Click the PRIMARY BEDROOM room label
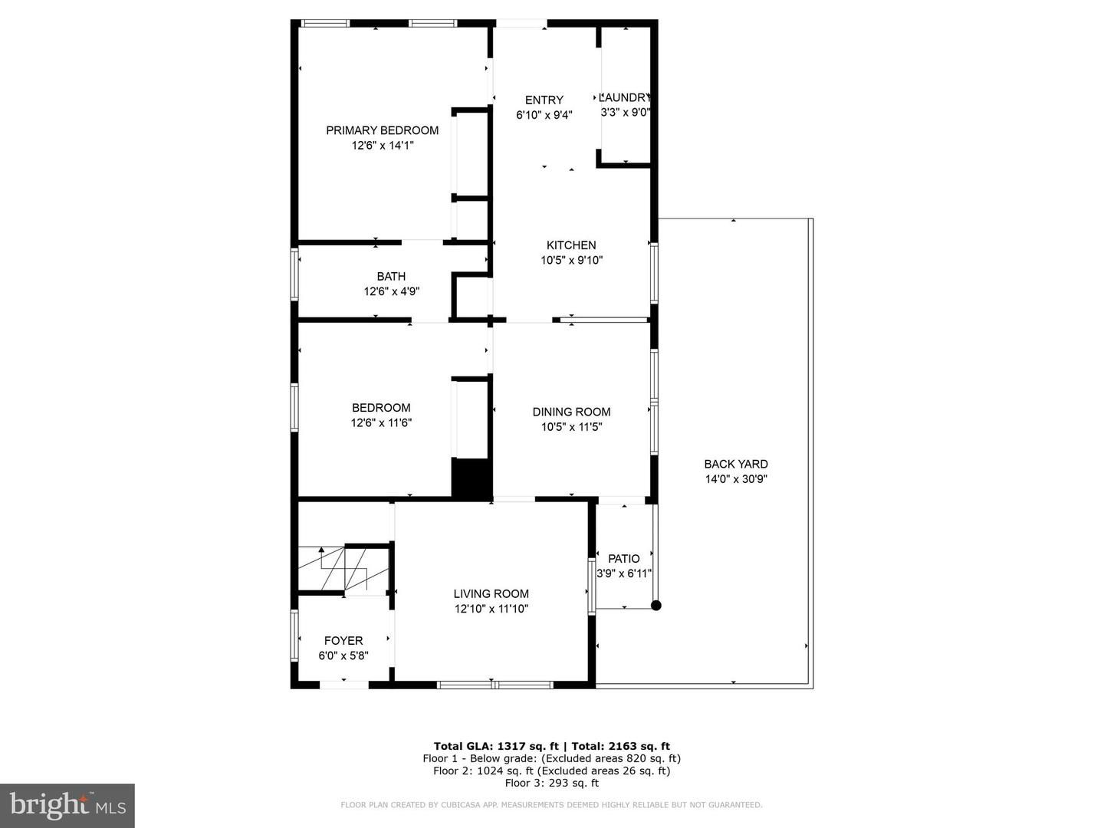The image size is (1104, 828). pyautogui.click(x=383, y=130)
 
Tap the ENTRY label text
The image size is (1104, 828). pyautogui.click(x=544, y=100)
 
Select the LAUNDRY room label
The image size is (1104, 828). pyautogui.click(x=625, y=97)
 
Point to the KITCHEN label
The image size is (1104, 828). pyautogui.click(x=571, y=245)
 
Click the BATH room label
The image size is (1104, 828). pyautogui.click(x=391, y=277)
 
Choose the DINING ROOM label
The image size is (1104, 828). pyautogui.click(x=571, y=412)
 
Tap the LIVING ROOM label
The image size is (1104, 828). pyautogui.click(x=491, y=593)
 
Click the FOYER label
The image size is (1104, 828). pyautogui.click(x=343, y=641)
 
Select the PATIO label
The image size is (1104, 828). pyautogui.click(x=623, y=559)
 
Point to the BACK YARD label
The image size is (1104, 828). pyautogui.click(x=736, y=464)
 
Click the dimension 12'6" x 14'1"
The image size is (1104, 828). pyautogui.click(x=383, y=146)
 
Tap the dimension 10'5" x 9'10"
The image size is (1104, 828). pyautogui.click(x=571, y=261)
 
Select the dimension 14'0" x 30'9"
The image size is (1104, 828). pyautogui.click(x=736, y=479)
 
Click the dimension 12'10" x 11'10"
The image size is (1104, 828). pyautogui.click(x=491, y=609)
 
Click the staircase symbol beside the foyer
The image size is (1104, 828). pyautogui.click(x=344, y=569)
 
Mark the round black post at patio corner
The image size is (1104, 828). pyautogui.click(x=655, y=606)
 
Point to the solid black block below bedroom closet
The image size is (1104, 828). pyautogui.click(x=472, y=478)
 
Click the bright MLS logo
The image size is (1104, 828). pyautogui.click(x=67, y=805)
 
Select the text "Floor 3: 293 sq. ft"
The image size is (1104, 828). pyautogui.click(x=552, y=783)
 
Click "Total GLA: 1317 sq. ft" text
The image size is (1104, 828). pyautogui.click(x=496, y=746)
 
